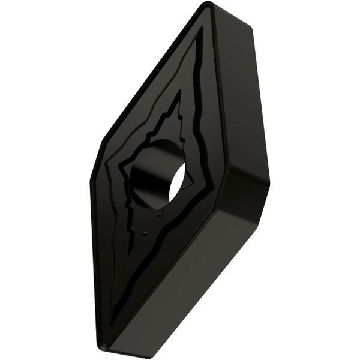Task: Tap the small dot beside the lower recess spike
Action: coord(146,230)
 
